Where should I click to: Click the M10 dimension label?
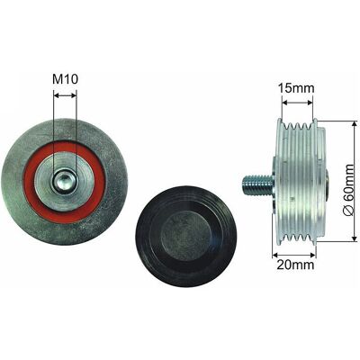pyautogui.click(x=66, y=79)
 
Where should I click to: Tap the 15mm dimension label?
pyautogui.click(x=296, y=88)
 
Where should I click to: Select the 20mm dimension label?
pyautogui.click(x=295, y=265)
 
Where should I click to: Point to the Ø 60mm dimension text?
pyautogui.click(x=348, y=190)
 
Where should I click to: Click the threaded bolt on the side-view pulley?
pyautogui.click(x=258, y=185)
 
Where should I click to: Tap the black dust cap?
pyautogui.click(x=186, y=237)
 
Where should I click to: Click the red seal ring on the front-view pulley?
pyautogui.click(x=65, y=183)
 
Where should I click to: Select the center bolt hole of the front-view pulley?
pyautogui.click(x=65, y=183)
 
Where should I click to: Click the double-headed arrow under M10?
pyautogui.click(x=65, y=95)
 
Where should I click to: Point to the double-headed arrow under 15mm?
pyautogui.click(x=297, y=103)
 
